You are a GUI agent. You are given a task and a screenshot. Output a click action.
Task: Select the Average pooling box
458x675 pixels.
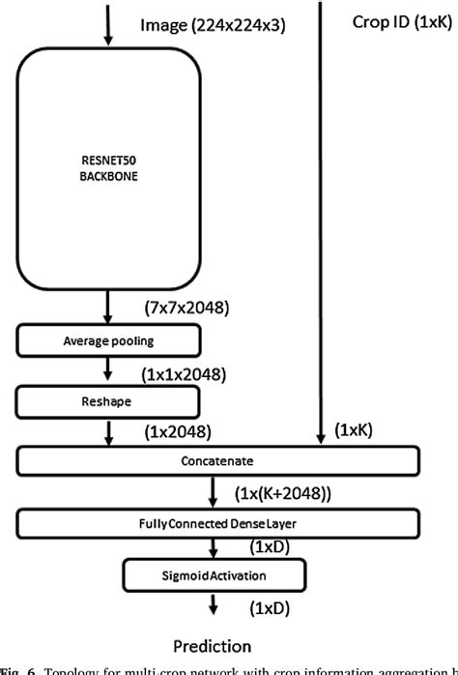[108, 339]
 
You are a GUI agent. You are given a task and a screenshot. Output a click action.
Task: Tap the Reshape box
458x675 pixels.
[108, 399]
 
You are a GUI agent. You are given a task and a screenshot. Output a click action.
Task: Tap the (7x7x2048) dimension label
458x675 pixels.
[186, 308]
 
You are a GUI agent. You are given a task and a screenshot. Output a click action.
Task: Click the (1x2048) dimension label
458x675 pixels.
[177, 431]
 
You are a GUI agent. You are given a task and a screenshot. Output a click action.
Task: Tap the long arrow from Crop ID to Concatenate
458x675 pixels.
[318, 222]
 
